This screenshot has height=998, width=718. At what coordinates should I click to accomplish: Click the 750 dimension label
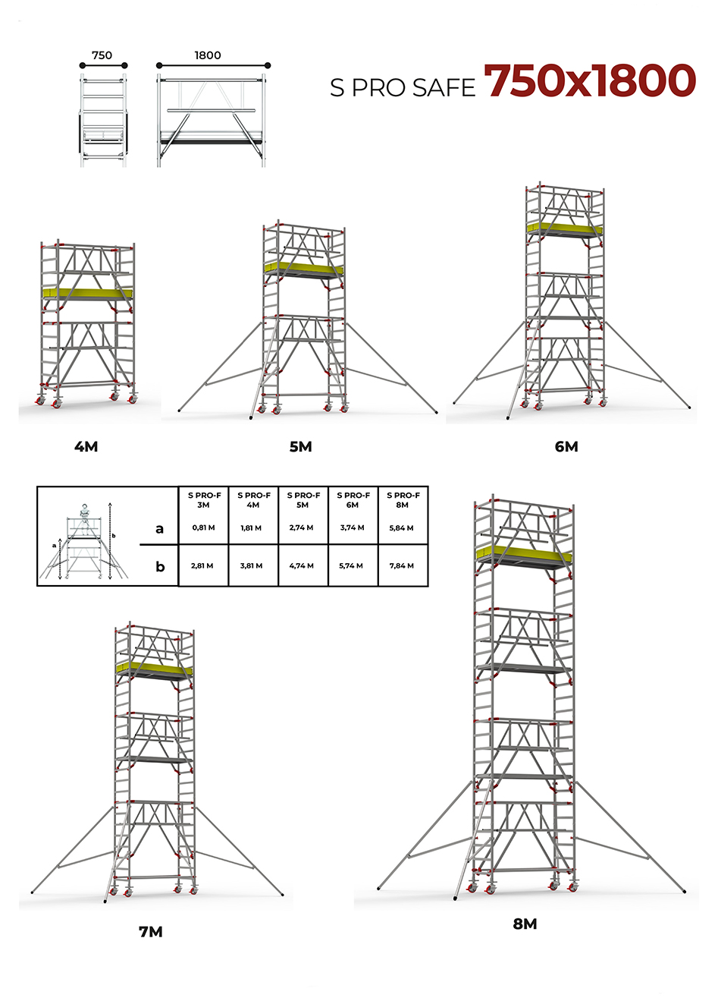102,55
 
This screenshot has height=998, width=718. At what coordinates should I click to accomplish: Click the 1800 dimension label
208,55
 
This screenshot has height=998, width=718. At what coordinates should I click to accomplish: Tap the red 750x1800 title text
589,80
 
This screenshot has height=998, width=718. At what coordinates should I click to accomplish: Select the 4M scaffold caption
86,446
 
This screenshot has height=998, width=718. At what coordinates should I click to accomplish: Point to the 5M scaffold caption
300,446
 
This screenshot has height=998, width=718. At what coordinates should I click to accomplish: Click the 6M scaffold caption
566,446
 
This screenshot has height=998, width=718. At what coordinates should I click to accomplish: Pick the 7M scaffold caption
150,932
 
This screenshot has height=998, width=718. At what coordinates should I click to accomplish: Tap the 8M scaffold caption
525,924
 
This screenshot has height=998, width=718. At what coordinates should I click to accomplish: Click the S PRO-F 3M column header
203,500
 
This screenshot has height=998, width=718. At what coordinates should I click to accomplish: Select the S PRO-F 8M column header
403,500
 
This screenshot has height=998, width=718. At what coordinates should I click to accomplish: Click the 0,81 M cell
203,528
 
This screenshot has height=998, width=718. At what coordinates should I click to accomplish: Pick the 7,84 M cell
402,566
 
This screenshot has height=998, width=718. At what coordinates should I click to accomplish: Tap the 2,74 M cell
301,527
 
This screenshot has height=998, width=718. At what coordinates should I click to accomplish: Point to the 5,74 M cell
351,566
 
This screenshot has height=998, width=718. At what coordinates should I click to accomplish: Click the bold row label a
159,529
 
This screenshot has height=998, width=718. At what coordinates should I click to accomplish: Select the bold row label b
160,566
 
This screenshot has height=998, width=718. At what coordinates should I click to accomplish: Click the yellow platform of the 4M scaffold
87,293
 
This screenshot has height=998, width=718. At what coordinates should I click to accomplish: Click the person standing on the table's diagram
84,519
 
